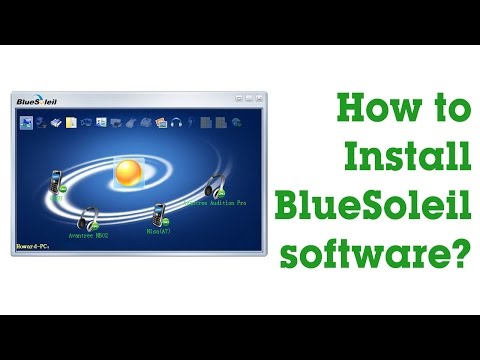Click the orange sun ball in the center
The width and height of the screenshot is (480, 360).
click(128, 172)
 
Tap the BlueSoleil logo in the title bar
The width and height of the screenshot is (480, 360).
click(42, 101)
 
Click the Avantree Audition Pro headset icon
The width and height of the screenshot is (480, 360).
click(213, 186)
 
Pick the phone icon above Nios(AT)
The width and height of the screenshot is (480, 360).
click(157, 214)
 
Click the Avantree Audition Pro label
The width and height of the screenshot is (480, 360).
click(213, 203)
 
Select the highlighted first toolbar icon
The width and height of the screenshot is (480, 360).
click(27, 123)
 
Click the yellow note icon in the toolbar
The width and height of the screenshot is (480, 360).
click(71, 123)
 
